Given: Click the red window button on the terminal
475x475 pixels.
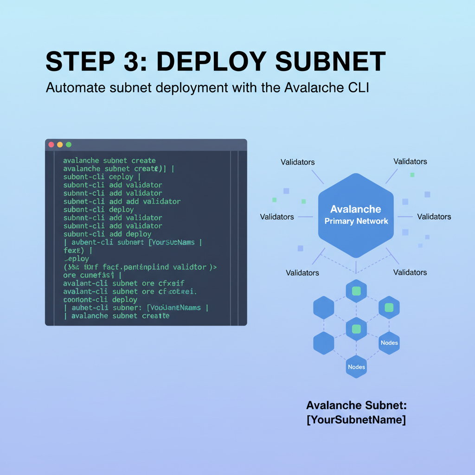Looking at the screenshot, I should (x=51, y=145).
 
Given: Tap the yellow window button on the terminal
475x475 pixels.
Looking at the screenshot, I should (x=60, y=145).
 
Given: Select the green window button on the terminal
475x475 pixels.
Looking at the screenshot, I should (x=69, y=145).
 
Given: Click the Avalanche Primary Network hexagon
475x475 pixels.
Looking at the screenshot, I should (x=356, y=215).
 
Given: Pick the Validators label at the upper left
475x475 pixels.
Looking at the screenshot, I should (x=297, y=162).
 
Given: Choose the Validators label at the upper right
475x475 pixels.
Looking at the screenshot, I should (x=410, y=161).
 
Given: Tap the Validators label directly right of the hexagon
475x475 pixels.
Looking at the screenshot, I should (x=434, y=217).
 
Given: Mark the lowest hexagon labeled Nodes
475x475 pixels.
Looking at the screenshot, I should (x=356, y=367).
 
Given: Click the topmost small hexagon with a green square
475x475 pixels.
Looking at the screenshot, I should (x=356, y=291).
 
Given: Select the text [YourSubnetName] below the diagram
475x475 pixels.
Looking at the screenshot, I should (x=356, y=420).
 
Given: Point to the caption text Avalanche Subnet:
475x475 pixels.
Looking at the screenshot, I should (x=356, y=405).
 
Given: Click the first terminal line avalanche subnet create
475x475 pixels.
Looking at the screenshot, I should (x=109, y=160).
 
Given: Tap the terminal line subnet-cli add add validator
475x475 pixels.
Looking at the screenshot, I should (x=122, y=201).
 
